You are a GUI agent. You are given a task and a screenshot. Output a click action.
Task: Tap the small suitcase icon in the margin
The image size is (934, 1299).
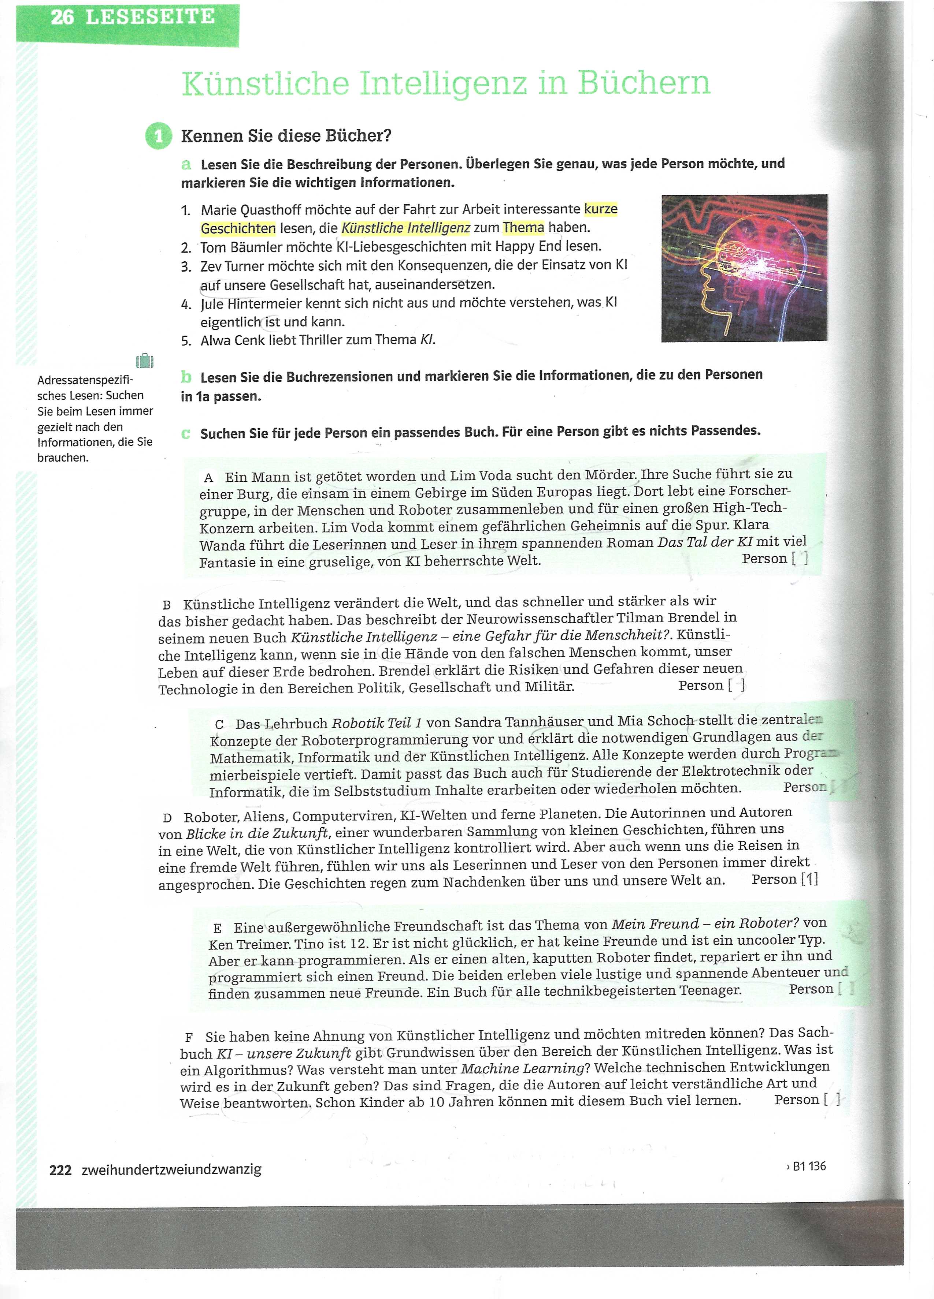coord(144,361)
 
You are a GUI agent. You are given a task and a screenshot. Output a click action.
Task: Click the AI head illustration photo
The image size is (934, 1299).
coord(744,268)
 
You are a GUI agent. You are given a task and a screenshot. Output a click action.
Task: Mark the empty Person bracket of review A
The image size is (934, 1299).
coord(800,559)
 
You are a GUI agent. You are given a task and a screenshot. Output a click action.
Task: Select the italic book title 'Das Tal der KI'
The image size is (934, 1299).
coord(705,542)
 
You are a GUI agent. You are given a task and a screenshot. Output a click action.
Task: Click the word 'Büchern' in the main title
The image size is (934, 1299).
coord(644,83)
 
